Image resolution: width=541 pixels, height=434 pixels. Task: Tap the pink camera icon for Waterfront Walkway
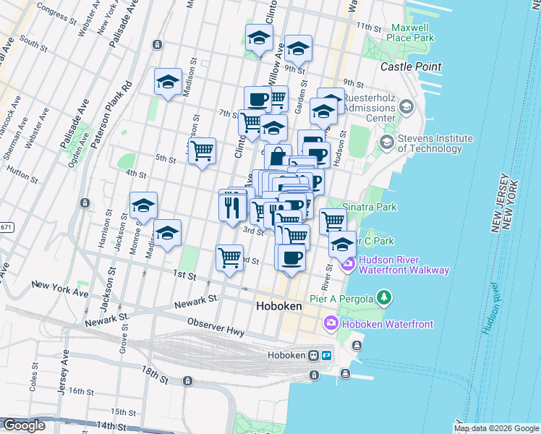349,265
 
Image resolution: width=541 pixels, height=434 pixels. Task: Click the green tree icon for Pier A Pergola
385,297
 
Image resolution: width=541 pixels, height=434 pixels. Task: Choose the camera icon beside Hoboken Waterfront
331,323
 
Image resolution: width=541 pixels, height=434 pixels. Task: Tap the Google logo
24,425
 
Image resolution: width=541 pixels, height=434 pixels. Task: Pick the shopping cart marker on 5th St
203,151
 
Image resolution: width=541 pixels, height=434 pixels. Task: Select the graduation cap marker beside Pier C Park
342,244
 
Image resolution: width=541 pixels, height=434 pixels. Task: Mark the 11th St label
368,27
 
